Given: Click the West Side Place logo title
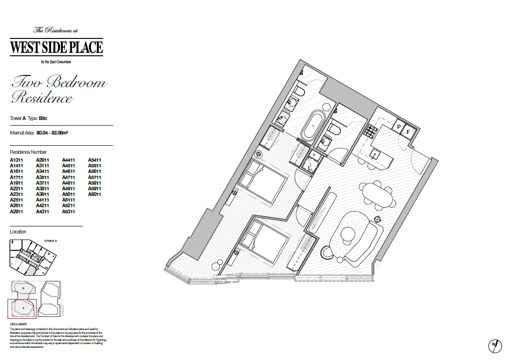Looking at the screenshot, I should (56, 47).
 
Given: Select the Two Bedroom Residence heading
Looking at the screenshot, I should (59, 90).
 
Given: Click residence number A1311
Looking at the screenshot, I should (16, 160).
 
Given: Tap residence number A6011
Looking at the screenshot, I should (95, 194).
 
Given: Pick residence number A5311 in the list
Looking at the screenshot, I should (68, 211).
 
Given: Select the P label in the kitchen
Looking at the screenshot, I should (398, 127).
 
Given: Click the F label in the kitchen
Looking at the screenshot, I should (408, 132).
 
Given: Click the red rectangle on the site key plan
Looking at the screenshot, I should (22, 308).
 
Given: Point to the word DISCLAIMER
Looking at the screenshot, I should (18, 324).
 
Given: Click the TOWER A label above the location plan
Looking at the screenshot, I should (50, 240).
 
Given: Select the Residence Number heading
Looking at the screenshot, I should (28, 152).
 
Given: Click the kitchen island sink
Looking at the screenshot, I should (376, 153).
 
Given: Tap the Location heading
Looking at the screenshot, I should (18, 232).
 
